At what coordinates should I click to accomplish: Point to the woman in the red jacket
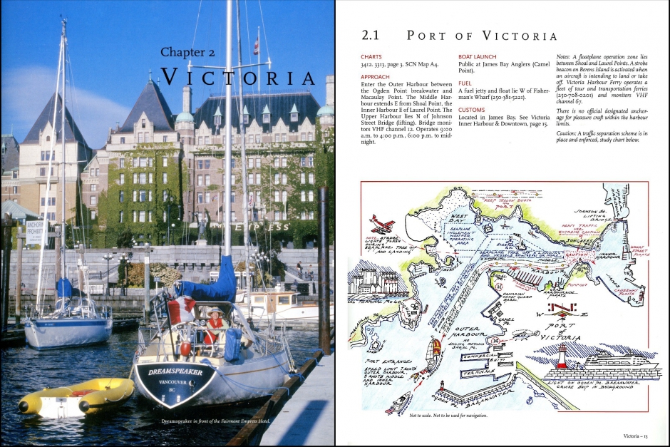point(215,327)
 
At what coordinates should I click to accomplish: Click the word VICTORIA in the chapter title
point(238,78)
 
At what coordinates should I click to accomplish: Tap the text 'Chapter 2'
point(187,52)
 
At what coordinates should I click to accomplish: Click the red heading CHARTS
point(371,56)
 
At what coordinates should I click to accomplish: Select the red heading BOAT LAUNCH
point(478,56)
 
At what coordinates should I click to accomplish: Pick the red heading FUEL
point(465,83)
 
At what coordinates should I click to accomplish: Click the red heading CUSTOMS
point(471,110)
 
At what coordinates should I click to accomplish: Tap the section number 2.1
point(371,35)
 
